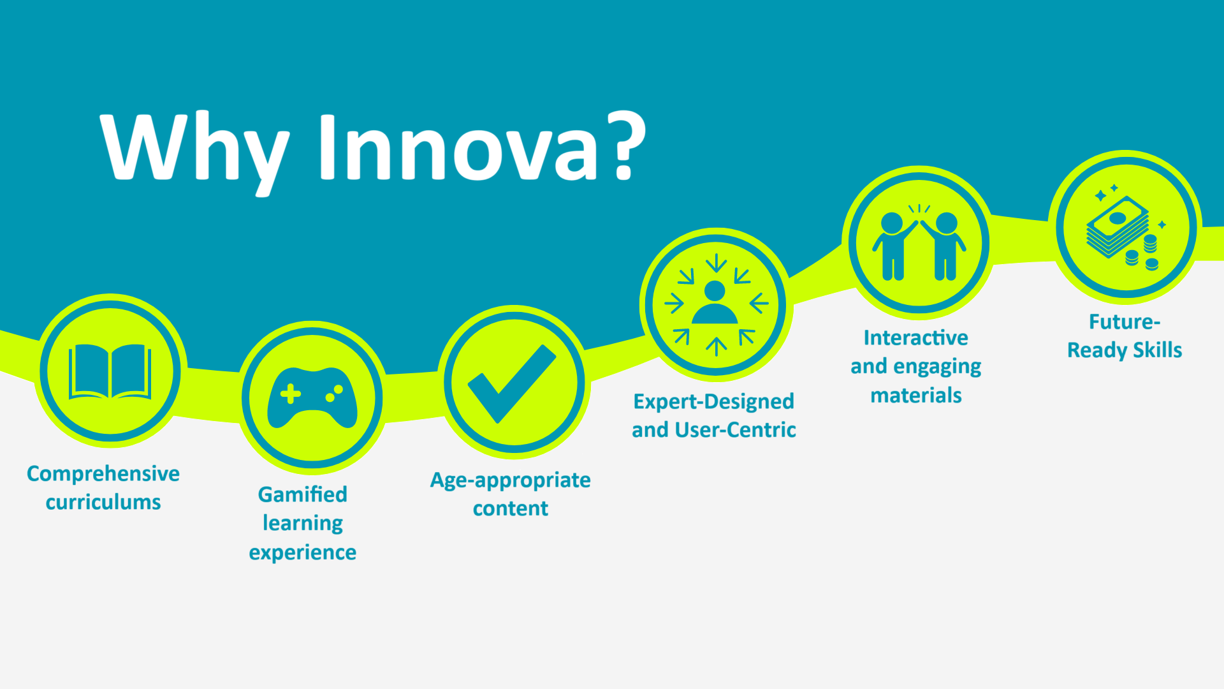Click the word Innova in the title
[458, 147]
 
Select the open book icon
[110, 371]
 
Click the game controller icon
[312, 397]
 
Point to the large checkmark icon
[513, 383]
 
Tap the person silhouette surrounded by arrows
[715, 304]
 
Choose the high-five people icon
[919, 243]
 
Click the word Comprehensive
[103, 474]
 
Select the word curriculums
[103, 502]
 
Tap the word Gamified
[303, 494]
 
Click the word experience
[303, 552]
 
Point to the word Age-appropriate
[511, 480]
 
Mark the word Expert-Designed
[714, 402]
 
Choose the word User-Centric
[735, 430]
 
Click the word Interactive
[916, 337]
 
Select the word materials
[916, 396]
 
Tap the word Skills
[1158, 350]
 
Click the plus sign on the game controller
[291, 394]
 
